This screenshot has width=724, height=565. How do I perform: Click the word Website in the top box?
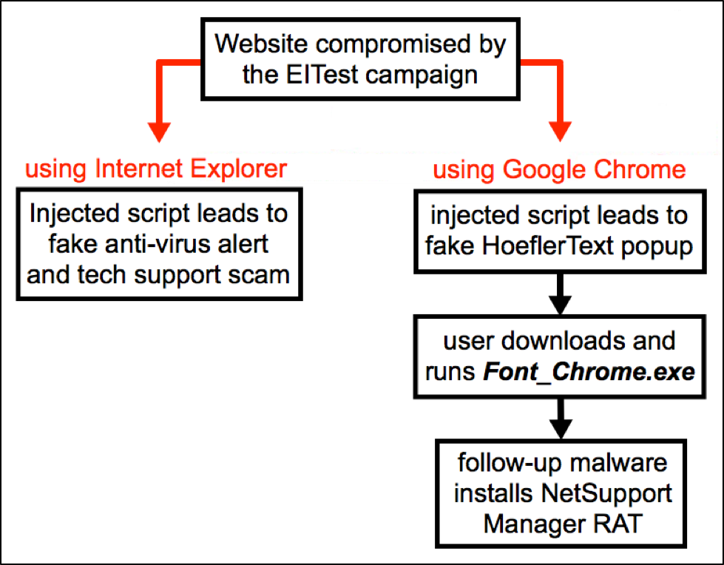(261, 44)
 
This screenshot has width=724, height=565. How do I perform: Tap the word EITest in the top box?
(322, 74)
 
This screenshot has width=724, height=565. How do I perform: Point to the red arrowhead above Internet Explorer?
(159, 132)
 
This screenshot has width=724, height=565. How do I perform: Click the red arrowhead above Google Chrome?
(560, 132)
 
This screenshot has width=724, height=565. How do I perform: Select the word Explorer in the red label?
(239, 169)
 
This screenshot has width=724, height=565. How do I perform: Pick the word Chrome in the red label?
(640, 169)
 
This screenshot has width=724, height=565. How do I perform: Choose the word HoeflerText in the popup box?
(548, 246)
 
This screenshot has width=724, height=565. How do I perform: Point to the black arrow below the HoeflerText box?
(560, 294)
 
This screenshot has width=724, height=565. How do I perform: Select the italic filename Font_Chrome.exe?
(589, 372)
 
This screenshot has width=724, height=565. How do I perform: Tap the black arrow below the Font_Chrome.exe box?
(561, 419)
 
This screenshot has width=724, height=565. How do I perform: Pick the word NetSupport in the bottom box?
(606, 494)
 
